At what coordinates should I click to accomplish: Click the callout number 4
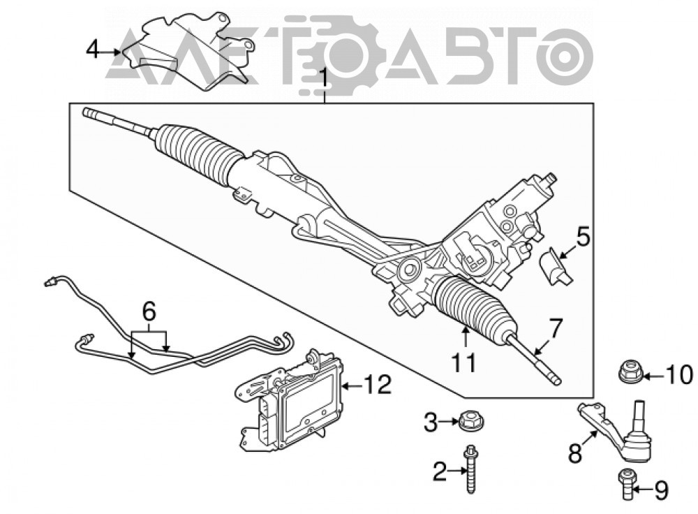pyautogui.click(x=93, y=50)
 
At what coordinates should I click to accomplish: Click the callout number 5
pyautogui.click(x=583, y=237)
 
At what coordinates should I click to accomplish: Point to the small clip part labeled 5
pyautogui.click(x=556, y=266)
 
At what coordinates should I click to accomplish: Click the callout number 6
pyautogui.click(x=149, y=311)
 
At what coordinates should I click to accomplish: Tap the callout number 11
pyautogui.click(x=465, y=363)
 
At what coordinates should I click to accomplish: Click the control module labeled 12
pyautogui.click(x=289, y=399)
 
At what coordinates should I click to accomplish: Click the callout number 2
pyautogui.click(x=440, y=471)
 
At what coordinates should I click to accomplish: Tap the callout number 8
pyautogui.click(x=575, y=453)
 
